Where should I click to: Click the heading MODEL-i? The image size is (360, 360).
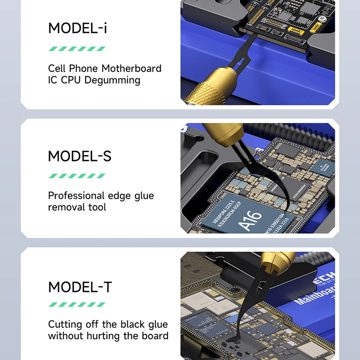click(x=77, y=28)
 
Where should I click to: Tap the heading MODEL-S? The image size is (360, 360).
click(x=80, y=157)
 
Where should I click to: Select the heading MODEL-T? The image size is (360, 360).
click(x=80, y=287)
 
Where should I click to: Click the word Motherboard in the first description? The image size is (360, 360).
click(x=131, y=68)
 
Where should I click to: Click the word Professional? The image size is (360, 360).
click(x=76, y=196)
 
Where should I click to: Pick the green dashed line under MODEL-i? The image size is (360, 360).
click(x=77, y=48)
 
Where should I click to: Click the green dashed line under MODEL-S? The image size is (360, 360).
click(x=77, y=176)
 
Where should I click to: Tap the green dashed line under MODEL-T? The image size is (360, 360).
click(x=77, y=304)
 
